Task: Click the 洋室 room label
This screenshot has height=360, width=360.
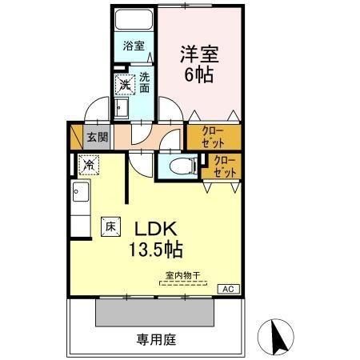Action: [198, 54]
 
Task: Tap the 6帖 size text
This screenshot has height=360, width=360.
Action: [198, 77]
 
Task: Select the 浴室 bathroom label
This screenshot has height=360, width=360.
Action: [134, 46]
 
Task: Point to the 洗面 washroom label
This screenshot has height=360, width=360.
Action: [145, 82]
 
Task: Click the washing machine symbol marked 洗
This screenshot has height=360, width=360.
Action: [126, 83]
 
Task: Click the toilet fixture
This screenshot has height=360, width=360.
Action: [181, 166]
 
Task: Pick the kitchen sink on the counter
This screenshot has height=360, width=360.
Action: [80, 192]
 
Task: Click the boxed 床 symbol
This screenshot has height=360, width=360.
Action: [110, 226]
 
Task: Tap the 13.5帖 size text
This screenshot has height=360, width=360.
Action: [154, 250]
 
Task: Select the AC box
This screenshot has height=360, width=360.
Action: [226, 289]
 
